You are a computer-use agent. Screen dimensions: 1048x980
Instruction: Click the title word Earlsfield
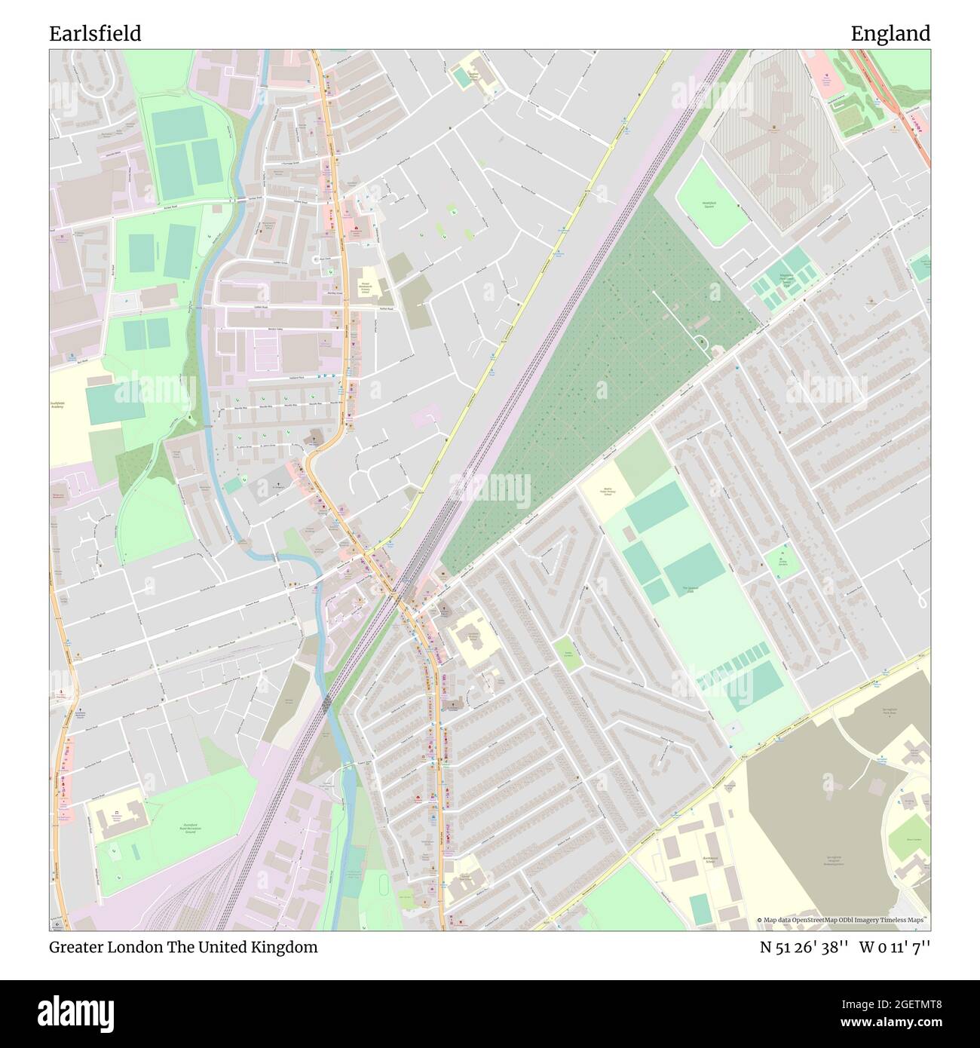tap(95, 34)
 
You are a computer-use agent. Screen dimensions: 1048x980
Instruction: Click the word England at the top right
tap(890, 34)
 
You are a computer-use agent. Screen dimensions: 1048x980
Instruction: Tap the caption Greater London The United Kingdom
tap(183, 947)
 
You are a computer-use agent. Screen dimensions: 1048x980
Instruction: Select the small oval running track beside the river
tap(387, 882)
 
